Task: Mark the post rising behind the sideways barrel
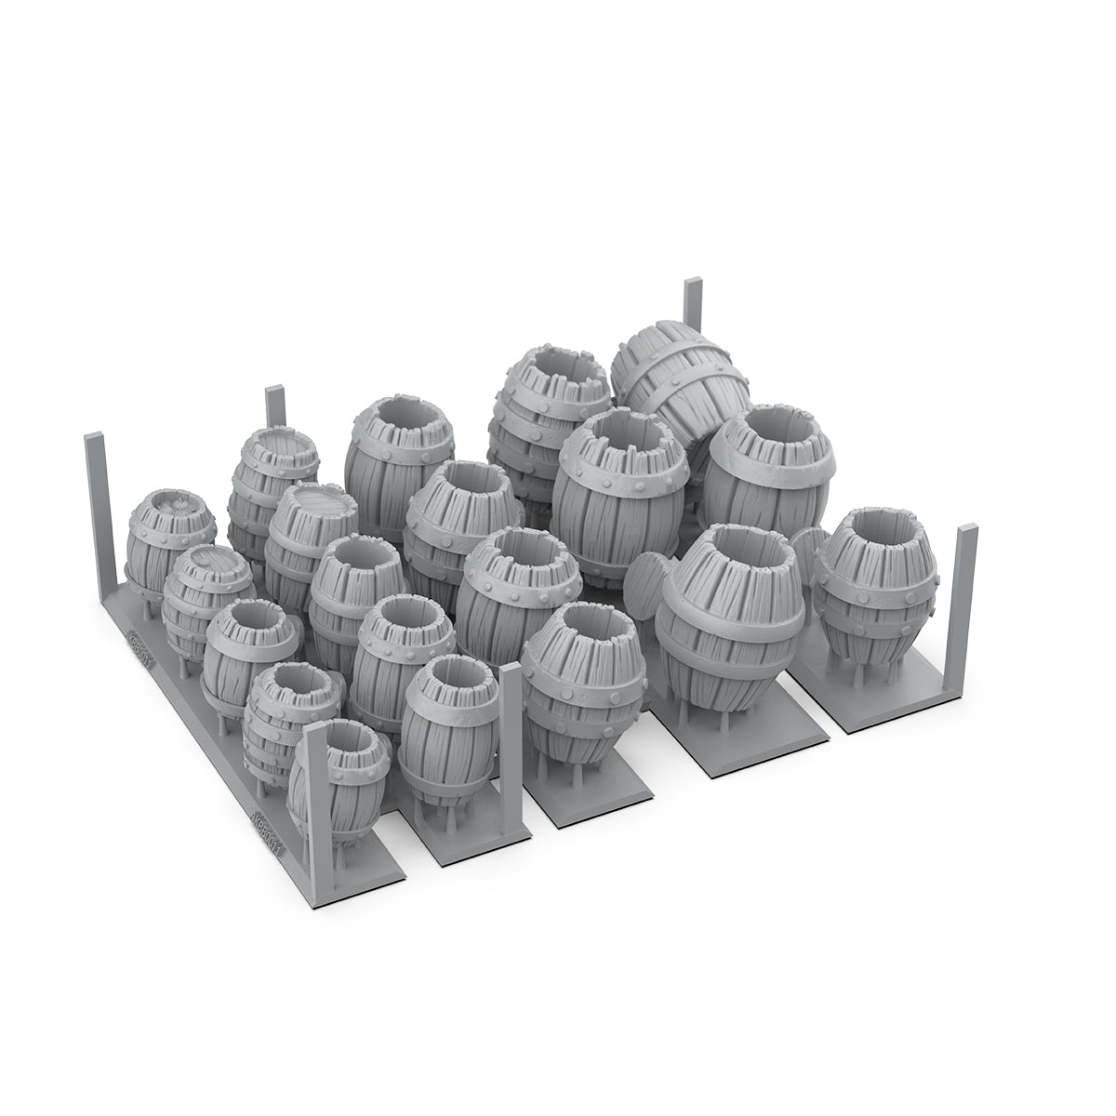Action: (x=693, y=307)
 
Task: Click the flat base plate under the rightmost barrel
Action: (x=883, y=707)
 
